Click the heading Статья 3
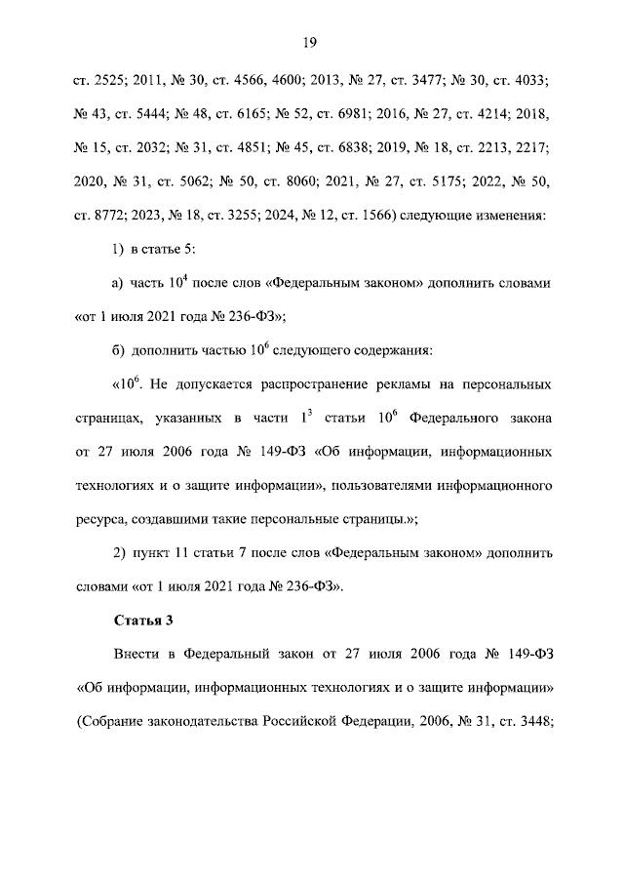pos(143,619)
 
